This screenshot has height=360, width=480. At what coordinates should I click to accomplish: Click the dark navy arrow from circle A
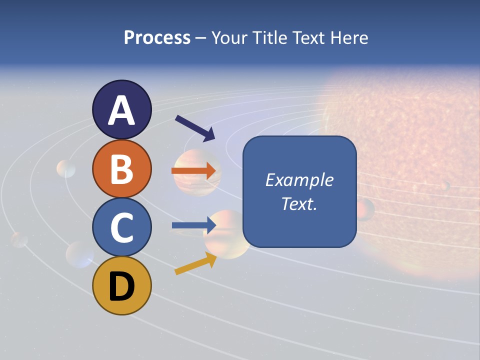point(195,128)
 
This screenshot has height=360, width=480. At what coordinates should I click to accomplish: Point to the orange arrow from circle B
point(194,171)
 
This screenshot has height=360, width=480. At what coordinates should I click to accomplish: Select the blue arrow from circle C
point(194,225)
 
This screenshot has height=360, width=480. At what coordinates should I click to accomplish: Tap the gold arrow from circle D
point(195,263)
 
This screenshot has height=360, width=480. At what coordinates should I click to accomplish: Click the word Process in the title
point(157,37)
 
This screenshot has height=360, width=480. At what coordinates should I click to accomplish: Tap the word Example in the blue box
point(299,180)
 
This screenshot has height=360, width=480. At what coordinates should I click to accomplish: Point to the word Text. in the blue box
point(299,204)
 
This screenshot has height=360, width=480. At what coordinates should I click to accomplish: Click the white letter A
point(122,110)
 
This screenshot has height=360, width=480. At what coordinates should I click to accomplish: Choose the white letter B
point(122,169)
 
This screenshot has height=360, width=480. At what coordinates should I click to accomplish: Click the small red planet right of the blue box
point(365,209)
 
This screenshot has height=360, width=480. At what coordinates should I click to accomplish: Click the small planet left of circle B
point(66,169)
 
